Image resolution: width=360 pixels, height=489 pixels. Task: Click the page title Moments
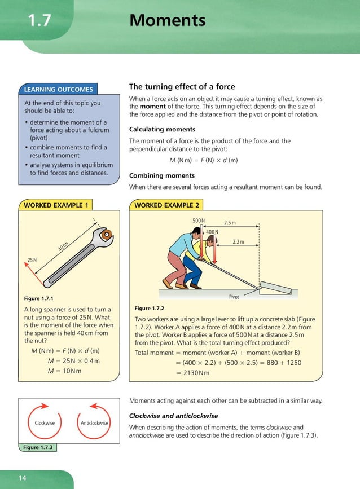[x=168, y=21]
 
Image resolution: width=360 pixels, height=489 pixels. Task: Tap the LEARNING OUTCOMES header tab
[x=59, y=89]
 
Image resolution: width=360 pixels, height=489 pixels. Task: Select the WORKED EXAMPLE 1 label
[x=55, y=205]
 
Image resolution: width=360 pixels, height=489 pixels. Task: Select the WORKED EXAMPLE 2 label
[x=166, y=205]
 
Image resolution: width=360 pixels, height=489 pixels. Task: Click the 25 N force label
[x=32, y=260]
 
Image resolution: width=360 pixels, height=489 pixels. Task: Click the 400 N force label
[x=212, y=232]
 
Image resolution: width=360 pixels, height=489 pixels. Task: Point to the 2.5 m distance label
[x=230, y=223]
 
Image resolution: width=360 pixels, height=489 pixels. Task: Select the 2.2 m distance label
[x=239, y=242]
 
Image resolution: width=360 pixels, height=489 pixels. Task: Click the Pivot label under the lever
[x=234, y=297]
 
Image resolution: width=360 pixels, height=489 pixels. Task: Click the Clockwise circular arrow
[x=45, y=422]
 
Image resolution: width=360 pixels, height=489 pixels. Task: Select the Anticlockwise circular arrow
[x=94, y=422]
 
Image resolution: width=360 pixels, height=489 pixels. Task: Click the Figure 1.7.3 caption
[x=38, y=447]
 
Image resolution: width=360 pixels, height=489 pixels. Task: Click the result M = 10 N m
[x=72, y=371]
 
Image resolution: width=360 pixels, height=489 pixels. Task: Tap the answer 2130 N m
[x=193, y=373]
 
